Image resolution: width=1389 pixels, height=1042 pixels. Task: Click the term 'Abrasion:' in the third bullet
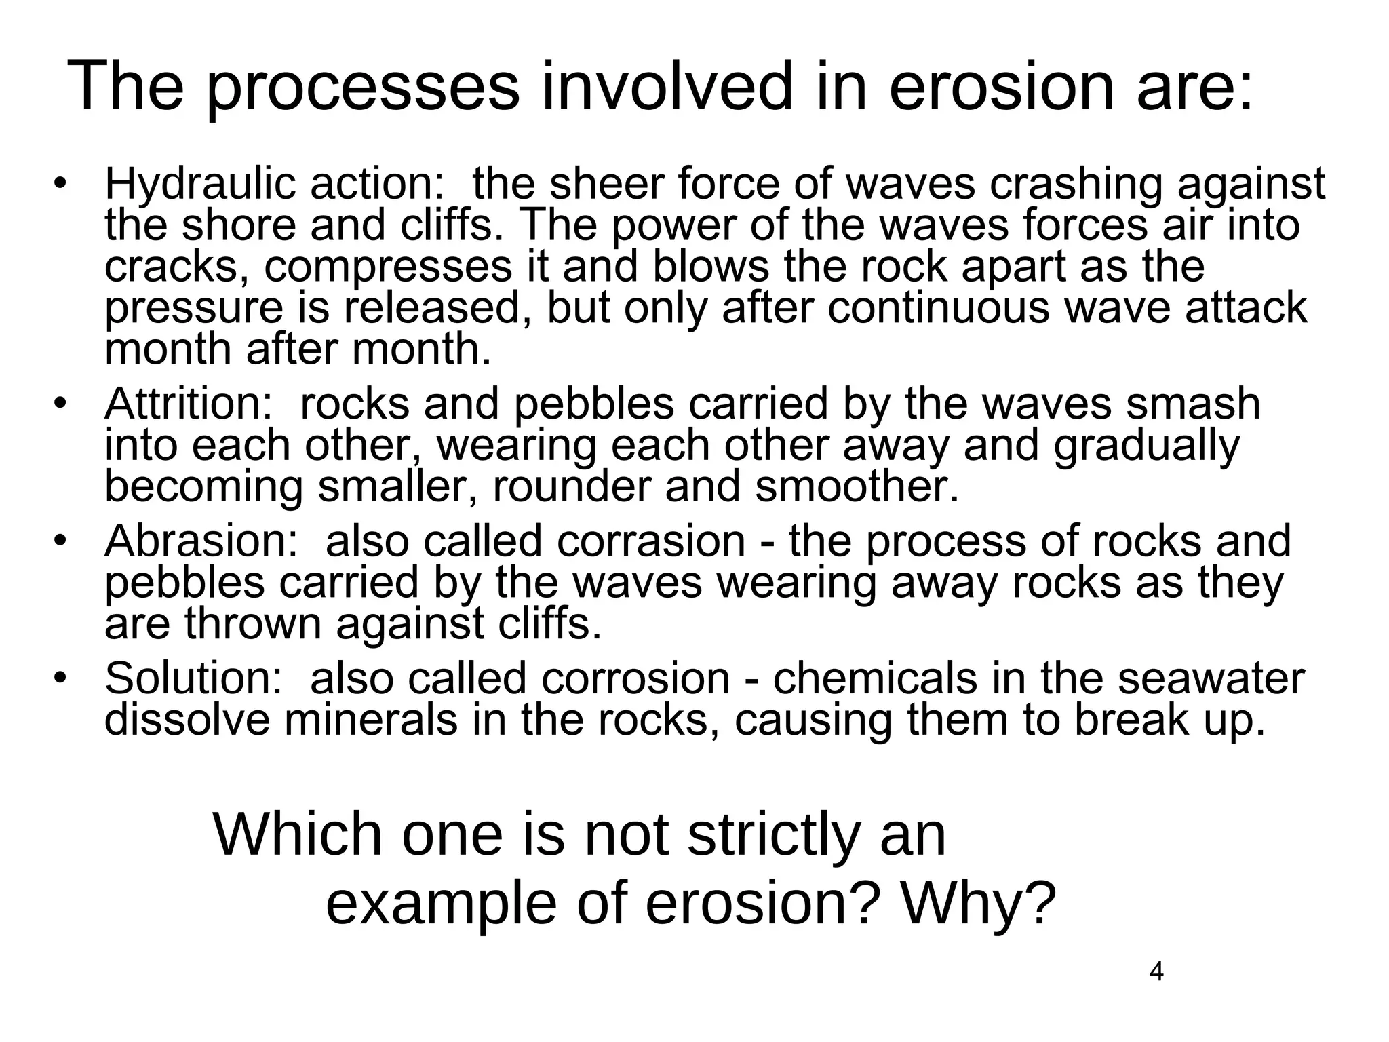pyautogui.click(x=201, y=541)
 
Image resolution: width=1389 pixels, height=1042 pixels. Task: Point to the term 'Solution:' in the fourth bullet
pyautogui.click(x=193, y=678)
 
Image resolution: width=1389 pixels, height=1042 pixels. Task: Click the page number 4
pyautogui.click(x=1156, y=972)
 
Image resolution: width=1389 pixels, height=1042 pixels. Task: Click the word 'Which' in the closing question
pyautogui.click(x=298, y=835)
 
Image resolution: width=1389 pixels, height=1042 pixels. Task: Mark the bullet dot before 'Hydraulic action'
pyautogui.click(x=60, y=185)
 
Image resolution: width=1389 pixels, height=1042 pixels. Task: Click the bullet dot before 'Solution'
pyautogui.click(x=60, y=678)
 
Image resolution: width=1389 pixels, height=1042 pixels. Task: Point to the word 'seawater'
pyautogui.click(x=1211, y=678)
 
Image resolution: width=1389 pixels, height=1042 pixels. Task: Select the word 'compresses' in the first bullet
pyautogui.click(x=388, y=267)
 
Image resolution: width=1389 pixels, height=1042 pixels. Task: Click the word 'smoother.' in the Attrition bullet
pyautogui.click(x=857, y=487)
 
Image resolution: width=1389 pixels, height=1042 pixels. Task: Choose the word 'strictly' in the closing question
pyautogui.click(x=773, y=835)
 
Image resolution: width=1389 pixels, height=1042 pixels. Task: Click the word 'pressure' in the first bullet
pyautogui.click(x=193, y=309)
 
